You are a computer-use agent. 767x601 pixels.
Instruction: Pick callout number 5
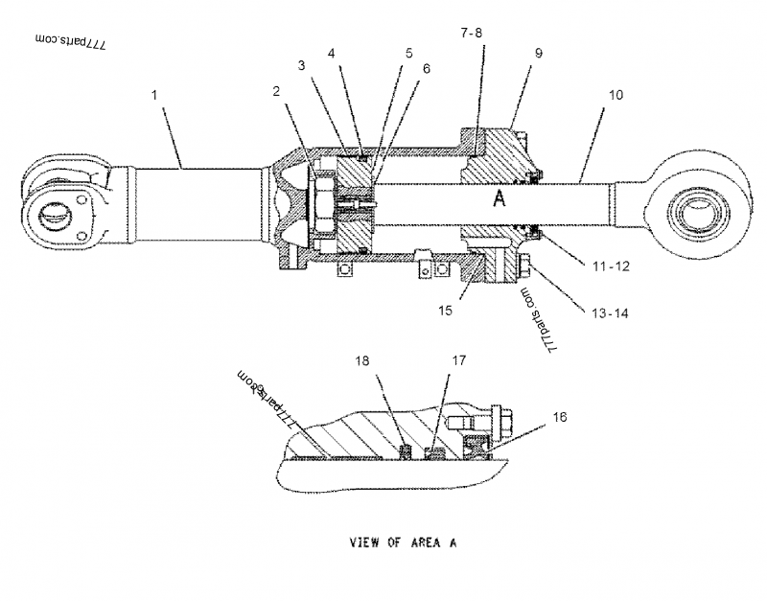click(409, 54)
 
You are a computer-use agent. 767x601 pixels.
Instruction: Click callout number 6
click(426, 69)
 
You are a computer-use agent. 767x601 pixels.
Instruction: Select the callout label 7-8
click(472, 33)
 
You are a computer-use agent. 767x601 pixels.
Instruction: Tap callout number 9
click(540, 54)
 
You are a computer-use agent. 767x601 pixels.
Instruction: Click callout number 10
click(616, 96)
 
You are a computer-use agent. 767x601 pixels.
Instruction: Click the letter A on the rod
click(499, 198)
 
